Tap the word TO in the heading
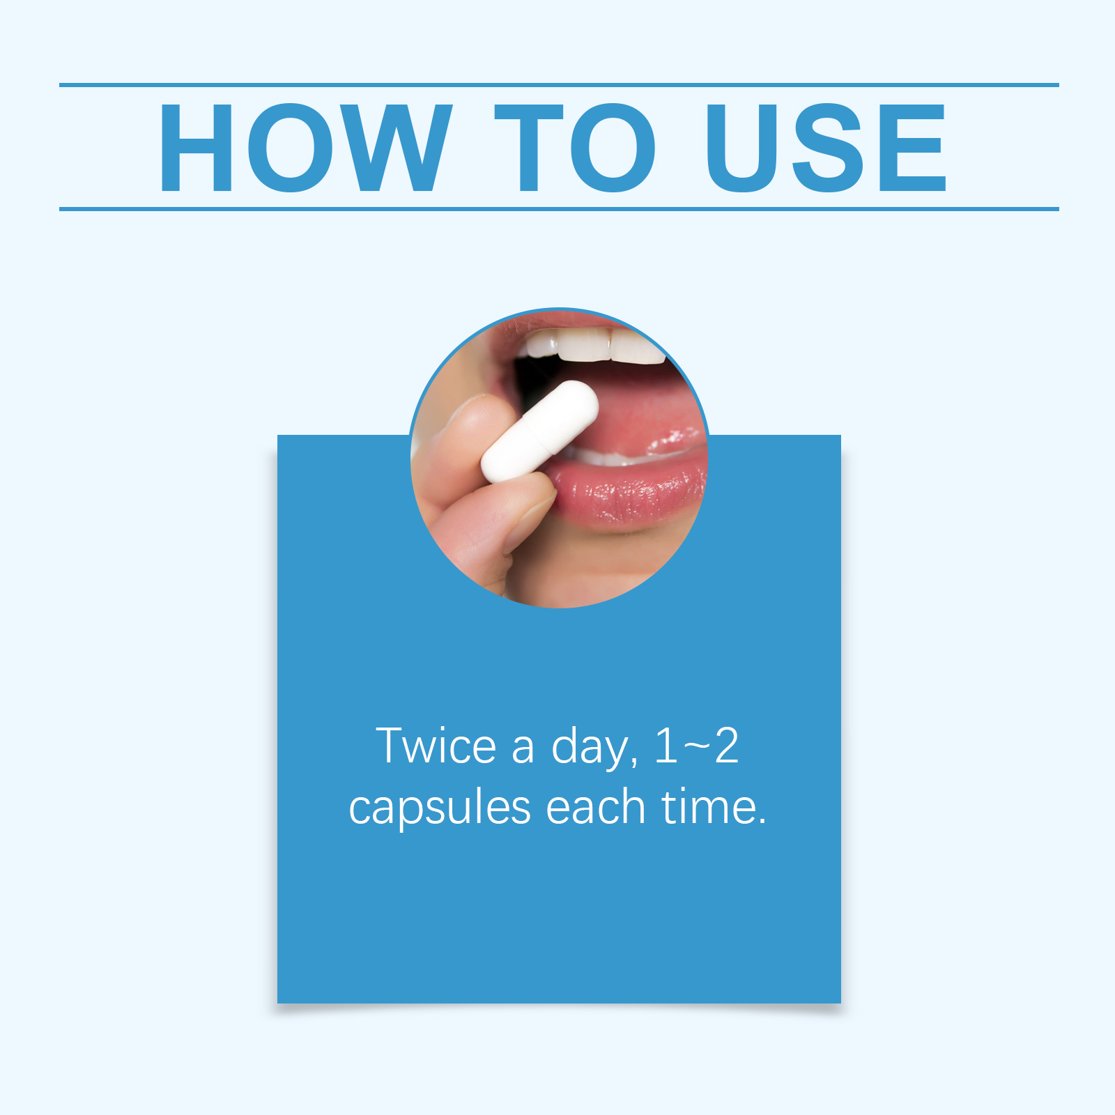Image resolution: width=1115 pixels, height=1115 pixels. (576, 147)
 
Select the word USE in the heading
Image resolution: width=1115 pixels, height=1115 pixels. (826, 147)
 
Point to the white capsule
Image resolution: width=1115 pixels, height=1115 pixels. (540, 432)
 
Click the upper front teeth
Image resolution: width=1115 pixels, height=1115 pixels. (592, 345)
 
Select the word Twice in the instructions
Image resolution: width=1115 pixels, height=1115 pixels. (436, 746)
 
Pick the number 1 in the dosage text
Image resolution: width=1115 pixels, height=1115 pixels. (666, 746)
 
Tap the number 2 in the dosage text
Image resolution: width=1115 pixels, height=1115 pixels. (726, 746)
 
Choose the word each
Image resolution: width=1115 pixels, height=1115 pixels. (596, 807)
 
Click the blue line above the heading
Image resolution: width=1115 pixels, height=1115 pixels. (559, 85)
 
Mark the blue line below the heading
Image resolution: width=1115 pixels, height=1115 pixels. (559, 208)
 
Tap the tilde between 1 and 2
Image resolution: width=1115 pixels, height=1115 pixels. (695, 747)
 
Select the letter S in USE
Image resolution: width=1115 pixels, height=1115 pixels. (829, 147)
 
